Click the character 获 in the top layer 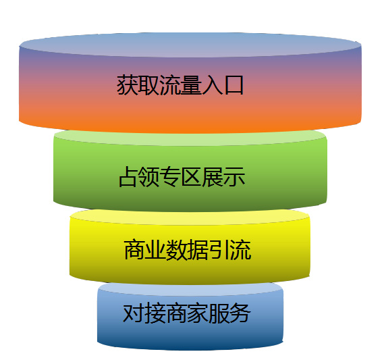coord(128,85)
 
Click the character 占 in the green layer coord(129,177)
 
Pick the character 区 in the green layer coord(192,177)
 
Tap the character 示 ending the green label coord(235,177)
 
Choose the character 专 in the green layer coord(171,177)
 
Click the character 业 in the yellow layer coord(156,250)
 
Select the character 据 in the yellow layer coord(198,250)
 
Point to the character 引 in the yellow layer coord(219,250)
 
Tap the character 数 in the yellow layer coord(177,250)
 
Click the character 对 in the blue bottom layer coord(134,313)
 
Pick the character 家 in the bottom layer coord(197,313)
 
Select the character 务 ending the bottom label coord(240,313)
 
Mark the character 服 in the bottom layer coord(219,313)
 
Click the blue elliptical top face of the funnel coord(190,45)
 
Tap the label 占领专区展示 coord(182,177)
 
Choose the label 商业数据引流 coord(188,250)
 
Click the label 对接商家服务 coord(187,313)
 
